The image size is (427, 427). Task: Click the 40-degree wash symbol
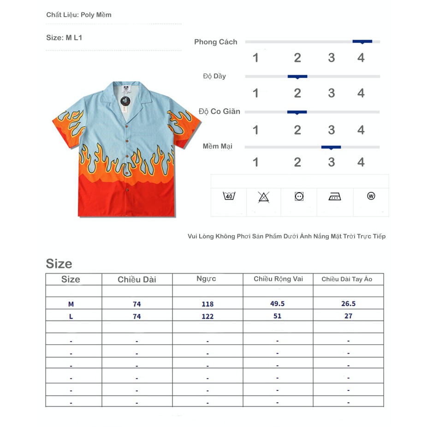[x=229, y=196]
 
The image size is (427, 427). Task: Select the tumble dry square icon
[x=299, y=196]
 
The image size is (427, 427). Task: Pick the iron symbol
[x=335, y=197]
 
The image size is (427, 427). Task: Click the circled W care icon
[x=371, y=196]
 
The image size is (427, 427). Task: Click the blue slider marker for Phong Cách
[x=362, y=42]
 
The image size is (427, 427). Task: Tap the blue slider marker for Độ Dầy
[x=297, y=77]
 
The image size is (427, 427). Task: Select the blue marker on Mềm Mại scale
[x=331, y=147]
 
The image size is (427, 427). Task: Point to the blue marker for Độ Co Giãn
[x=297, y=112]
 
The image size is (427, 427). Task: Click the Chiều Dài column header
[x=137, y=279]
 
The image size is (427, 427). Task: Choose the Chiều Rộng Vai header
[x=278, y=279]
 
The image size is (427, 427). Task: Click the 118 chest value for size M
[x=208, y=304]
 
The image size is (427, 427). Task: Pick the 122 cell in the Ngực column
[x=208, y=316]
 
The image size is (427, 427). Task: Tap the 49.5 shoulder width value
[x=278, y=303]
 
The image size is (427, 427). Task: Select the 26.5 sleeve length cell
[x=348, y=303]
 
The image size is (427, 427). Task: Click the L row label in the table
[x=71, y=316]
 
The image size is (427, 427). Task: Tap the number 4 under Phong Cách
[x=361, y=58]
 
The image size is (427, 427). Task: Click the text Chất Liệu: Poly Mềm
[x=79, y=15]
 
